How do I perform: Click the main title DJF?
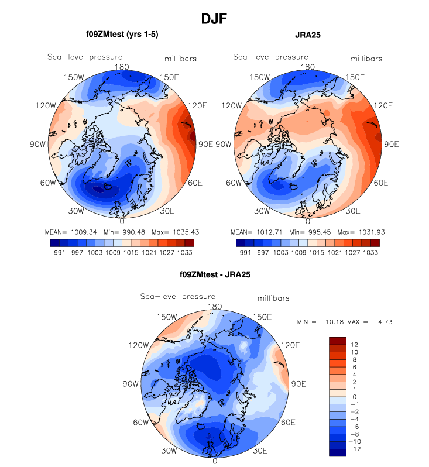click(x=214, y=19)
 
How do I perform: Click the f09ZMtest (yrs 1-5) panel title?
click(x=122, y=35)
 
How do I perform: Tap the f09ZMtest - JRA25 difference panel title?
click(x=215, y=274)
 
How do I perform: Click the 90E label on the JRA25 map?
click(x=390, y=144)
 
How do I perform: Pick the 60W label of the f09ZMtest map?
click(x=47, y=183)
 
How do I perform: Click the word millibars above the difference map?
click(x=274, y=298)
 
